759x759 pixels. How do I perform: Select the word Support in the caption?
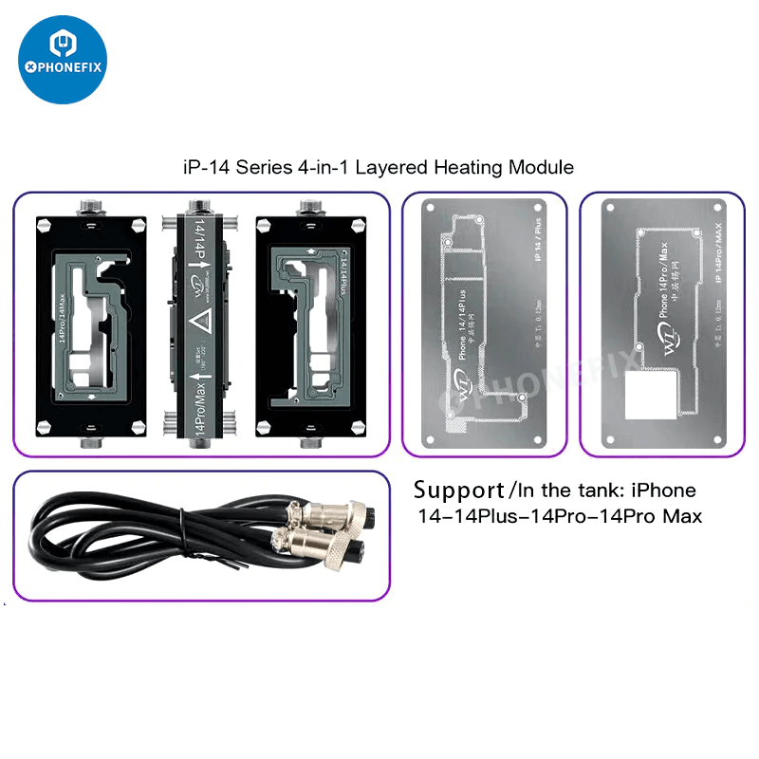click(x=458, y=491)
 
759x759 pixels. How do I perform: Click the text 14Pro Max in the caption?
click(x=656, y=517)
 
